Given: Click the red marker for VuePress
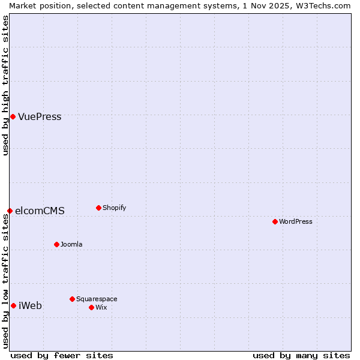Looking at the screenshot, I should point(13,116).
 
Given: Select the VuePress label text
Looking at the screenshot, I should point(40,117).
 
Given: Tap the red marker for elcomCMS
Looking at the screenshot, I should point(10,211).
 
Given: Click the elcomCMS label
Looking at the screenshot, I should point(40,211).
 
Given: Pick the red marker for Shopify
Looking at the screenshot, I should point(98,208).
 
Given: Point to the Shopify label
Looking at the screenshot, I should point(114,208).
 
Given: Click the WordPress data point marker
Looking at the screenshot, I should point(275,221).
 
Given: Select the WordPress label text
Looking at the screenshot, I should point(295,222).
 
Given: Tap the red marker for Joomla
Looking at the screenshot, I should point(56,244).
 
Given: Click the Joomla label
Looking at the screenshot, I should point(71,245).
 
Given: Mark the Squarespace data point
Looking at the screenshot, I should point(72,299).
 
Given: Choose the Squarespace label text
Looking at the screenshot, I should point(97,299).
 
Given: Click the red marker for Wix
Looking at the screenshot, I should point(91,307).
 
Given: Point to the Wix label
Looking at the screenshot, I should point(101,308).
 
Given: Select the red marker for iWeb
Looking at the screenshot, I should point(13,305).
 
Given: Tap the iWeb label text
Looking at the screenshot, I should point(30,306).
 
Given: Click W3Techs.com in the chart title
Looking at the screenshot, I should point(327,5).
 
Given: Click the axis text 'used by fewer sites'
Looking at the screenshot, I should point(62,356).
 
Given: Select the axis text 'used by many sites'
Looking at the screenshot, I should point(301,356).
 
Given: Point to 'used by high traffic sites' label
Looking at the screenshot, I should point(5,85).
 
